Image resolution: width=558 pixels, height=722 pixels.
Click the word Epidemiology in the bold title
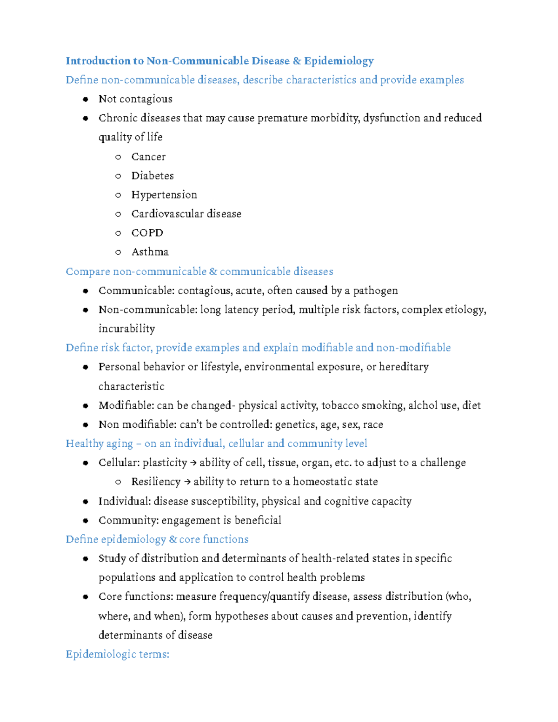pos(339,61)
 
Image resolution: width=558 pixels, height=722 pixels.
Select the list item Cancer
pos(148,157)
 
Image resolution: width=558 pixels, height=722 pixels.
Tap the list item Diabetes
pos(153,176)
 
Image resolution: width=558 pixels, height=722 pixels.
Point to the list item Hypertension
pos(164,195)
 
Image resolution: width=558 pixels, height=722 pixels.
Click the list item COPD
pos(147,233)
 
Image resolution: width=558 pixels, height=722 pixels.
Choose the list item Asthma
pos(150,252)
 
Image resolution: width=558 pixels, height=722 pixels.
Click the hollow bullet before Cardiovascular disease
pos(118,214)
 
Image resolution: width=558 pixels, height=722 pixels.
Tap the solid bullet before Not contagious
pos(86,99)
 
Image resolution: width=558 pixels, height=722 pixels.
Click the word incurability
pos(126,329)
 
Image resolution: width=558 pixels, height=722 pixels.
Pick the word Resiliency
pos(156,482)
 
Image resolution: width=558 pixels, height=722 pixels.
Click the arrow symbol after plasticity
pos(193,463)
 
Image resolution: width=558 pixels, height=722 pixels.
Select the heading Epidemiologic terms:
pos(117,655)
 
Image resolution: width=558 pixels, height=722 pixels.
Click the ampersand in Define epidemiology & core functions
pos(173,539)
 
